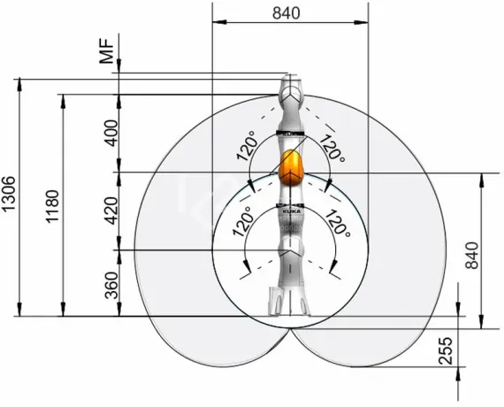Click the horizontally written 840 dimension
point(289,13)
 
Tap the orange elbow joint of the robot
point(291,168)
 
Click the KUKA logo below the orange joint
point(291,213)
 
